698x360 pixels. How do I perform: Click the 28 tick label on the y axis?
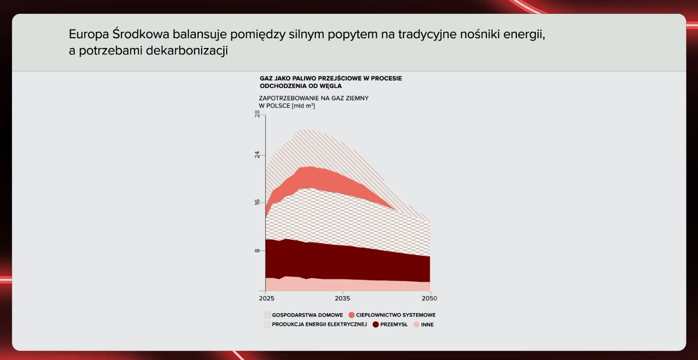pos(257,113)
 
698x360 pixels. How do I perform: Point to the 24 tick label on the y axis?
pos(257,155)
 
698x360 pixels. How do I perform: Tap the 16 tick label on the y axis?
pos(257,202)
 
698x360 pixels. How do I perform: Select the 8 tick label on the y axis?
pos(257,250)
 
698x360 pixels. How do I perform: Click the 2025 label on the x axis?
pos(266,298)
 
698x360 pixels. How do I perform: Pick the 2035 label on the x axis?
pos(342,298)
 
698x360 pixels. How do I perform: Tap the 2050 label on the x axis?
pos(429,298)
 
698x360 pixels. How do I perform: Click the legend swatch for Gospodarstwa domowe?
pos(267,315)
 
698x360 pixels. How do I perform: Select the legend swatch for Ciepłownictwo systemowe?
pos(352,315)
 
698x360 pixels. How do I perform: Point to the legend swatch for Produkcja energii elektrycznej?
pos(267,325)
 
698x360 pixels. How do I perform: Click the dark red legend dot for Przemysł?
pos(376,325)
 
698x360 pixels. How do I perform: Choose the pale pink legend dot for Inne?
pos(417,325)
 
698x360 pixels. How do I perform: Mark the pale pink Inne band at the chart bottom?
pos(347,286)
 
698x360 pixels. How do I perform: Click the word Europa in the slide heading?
pos(89,35)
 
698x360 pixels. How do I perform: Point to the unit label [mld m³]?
pos(303,106)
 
